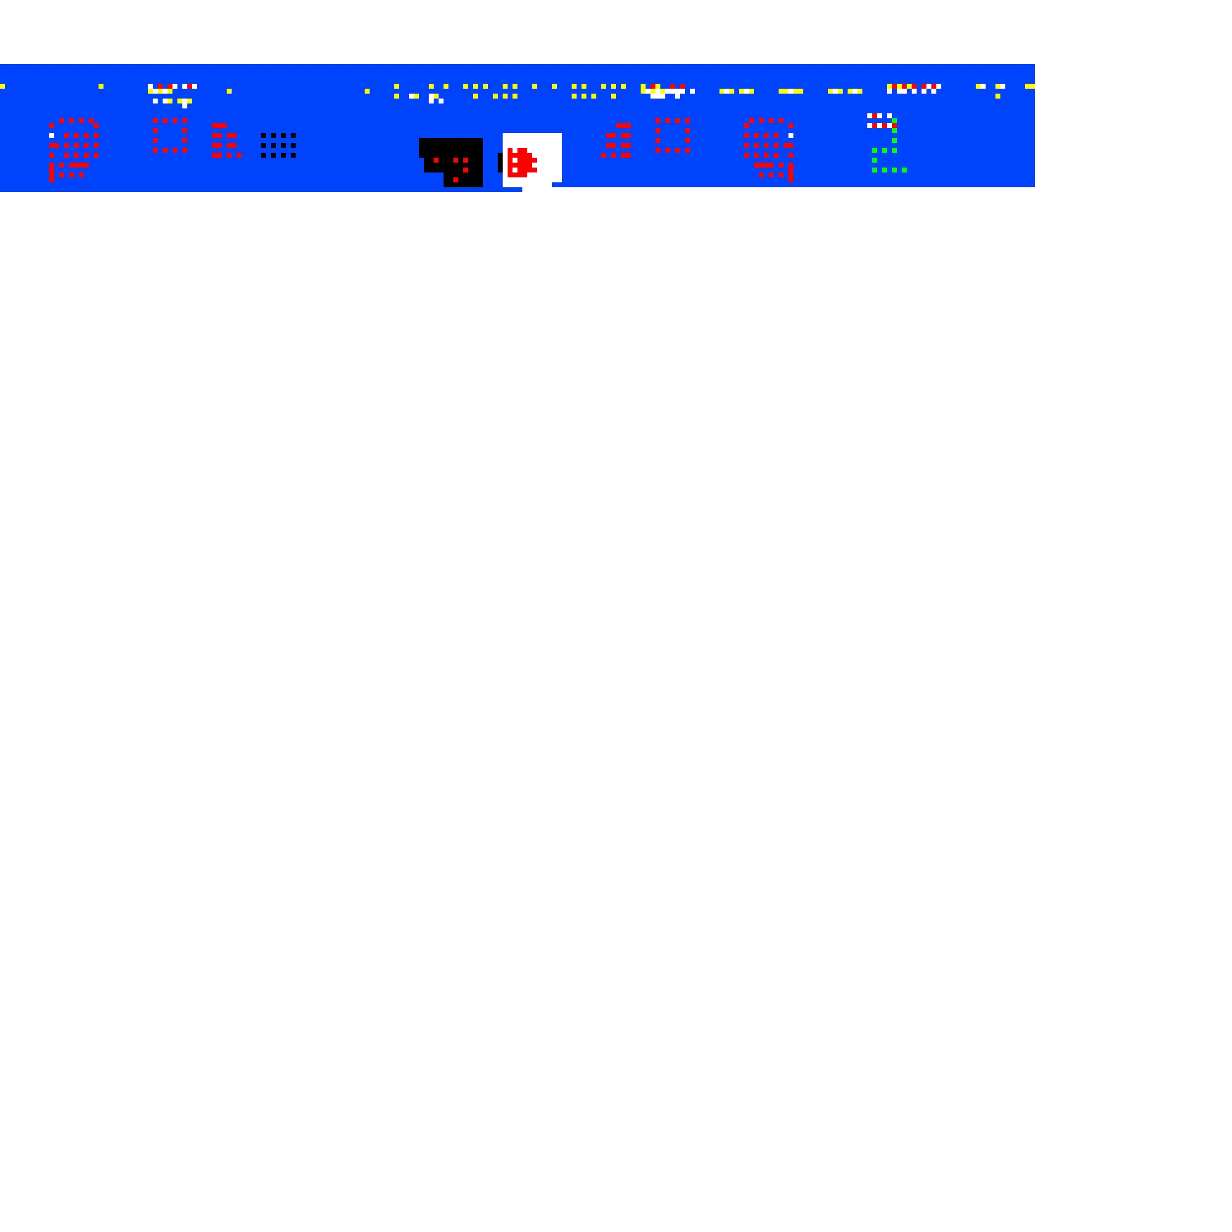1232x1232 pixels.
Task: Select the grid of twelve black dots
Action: pos(278,145)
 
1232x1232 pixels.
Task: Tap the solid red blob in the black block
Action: pos(521,163)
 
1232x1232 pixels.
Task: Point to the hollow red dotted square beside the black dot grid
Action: pos(169,135)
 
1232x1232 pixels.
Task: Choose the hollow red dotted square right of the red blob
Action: pos(672,135)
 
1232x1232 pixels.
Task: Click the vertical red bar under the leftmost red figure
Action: pos(52,172)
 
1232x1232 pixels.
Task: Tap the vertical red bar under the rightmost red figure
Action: pos(791,172)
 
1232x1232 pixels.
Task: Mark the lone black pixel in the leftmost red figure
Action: pos(52,135)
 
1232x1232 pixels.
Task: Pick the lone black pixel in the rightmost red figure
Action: pos(791,135)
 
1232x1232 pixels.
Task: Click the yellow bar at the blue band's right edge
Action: pos(1029,86)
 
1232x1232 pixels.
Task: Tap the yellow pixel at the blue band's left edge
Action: pos(2,86)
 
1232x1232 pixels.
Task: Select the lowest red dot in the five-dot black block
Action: pos(455,180)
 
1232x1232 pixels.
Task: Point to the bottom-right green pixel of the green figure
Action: pos(904,170)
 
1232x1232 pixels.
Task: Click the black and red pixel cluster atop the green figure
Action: pos(880,121)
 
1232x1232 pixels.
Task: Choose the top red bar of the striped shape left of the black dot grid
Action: pos(219,126)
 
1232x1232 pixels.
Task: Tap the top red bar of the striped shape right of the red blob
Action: pos(623,126)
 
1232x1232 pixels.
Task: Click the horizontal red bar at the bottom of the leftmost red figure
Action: pos(79,165)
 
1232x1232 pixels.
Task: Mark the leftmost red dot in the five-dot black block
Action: pos(436,160)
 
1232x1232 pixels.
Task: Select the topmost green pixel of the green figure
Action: pos(894,121)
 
